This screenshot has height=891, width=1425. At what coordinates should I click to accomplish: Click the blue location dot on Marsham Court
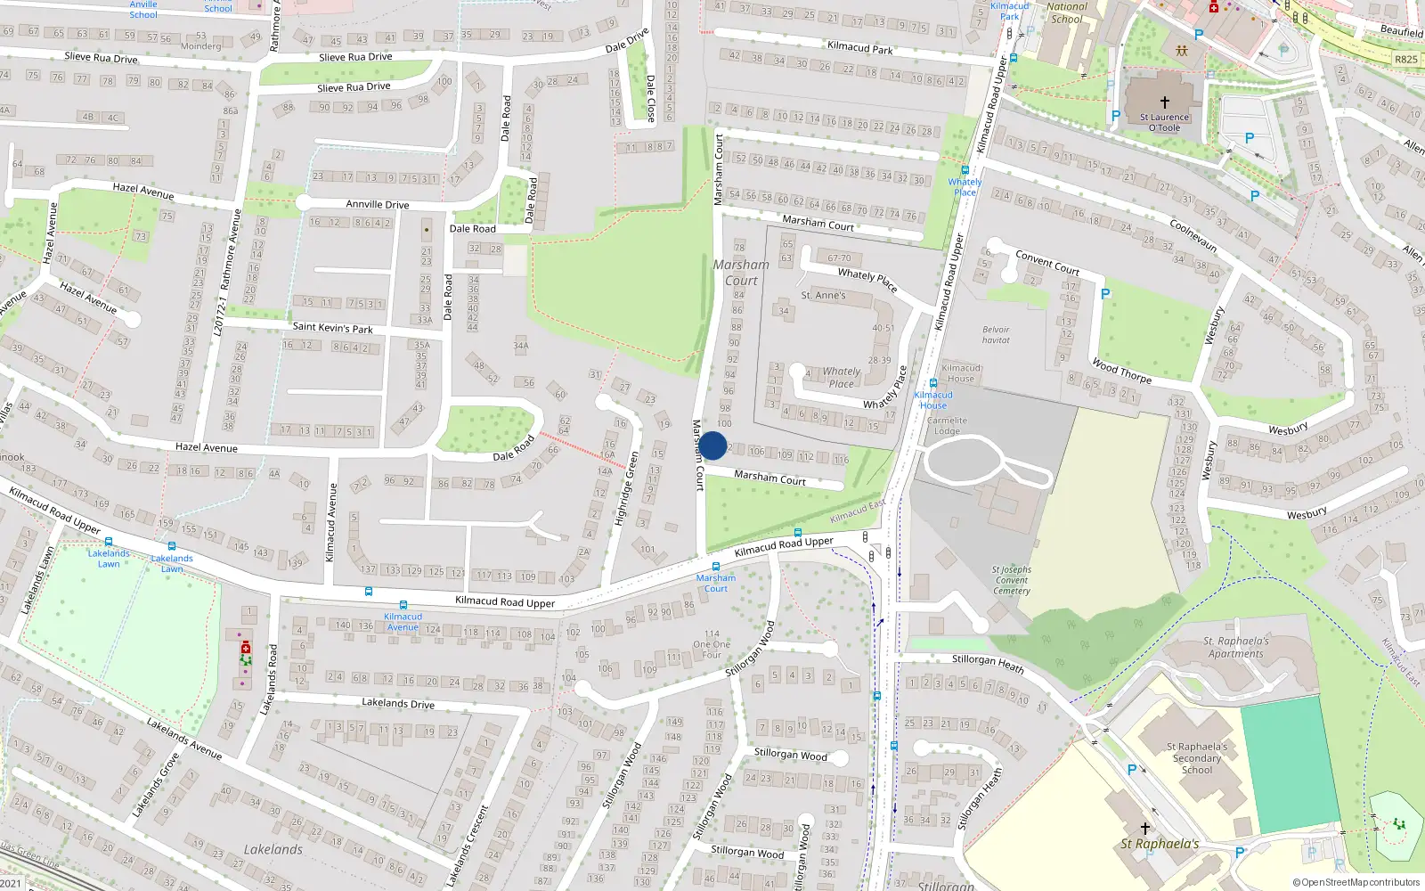pyautogui.click(x=712, y=445)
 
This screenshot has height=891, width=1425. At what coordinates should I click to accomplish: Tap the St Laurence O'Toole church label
pyautogui.click(x=1164, y=122)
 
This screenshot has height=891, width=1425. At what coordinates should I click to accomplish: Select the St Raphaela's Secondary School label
pyautogui.click(x=1196, y=758)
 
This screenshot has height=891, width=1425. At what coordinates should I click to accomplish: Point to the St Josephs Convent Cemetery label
pyautogui.click(x=1012, y=580)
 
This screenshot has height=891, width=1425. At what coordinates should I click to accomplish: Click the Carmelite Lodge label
pyautogui.click(x=947, y=425)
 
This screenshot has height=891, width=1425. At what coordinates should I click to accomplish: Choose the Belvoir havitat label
pyautogui.click(x=996, y=334)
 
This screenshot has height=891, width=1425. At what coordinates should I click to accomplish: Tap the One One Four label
pyautogui.click(x=712, y=644)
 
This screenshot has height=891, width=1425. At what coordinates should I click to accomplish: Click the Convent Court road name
pyautogui.click(x=1047, y=262)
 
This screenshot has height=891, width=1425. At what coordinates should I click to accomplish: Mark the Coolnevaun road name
pyautogui.click(x=1193, y=235)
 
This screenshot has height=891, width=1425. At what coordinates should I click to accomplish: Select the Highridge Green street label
pyautogui.click(x=626, y=487)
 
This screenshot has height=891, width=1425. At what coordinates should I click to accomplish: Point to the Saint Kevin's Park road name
pyautogui.click(x=332, y=327)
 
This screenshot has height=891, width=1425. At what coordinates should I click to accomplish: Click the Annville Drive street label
pyautogui.click(x=378, y=204)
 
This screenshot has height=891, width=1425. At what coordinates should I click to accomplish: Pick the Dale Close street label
pyautogui.click(x=650, y=98)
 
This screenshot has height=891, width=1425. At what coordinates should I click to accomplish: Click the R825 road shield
pyautogui.click(x=1406, y=60)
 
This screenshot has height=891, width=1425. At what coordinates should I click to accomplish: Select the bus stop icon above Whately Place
pyautogui.click(x=965, y=169)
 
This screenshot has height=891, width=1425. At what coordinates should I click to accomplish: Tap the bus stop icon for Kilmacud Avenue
pyautogui.click(x=403, y=605)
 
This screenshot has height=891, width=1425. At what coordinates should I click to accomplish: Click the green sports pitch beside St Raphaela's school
pyautogui.click(x=1289, y=764)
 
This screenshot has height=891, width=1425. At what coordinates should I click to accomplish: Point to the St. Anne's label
pyautogui.click(x=823, y=295)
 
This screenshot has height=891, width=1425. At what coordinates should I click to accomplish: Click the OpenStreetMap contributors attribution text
pyautogui.click(x=1356, y=882)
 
